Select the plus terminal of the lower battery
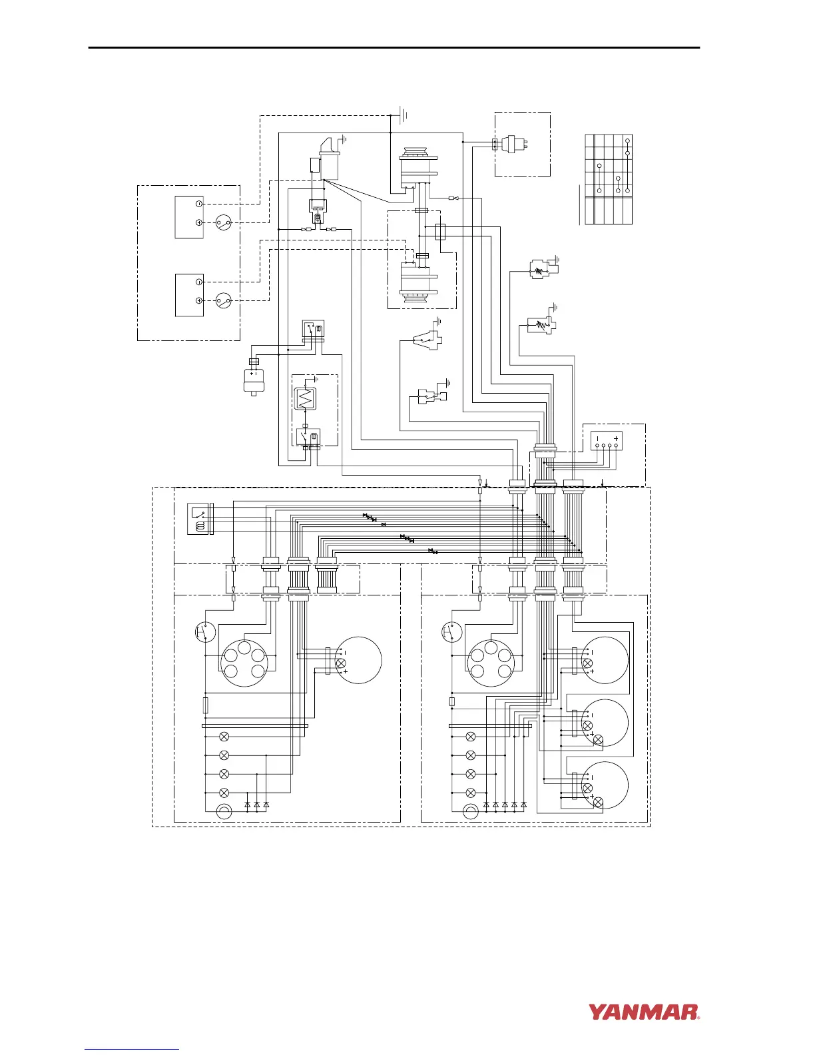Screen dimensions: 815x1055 pos(198,301)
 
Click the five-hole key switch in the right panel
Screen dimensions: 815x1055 pos(491,662)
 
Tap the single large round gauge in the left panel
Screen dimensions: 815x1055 pos(358,660)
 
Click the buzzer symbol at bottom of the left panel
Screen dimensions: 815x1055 pos(224,812)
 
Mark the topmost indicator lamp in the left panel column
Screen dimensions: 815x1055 pos(224,737)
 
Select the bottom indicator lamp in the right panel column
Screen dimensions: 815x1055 pos(471,793)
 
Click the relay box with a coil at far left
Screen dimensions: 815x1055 pos(199,518)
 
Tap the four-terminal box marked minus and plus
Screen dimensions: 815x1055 pos(607,440)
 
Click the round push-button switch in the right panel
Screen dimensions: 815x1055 pos(453,631)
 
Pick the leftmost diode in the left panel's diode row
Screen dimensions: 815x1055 pos(248,805)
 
